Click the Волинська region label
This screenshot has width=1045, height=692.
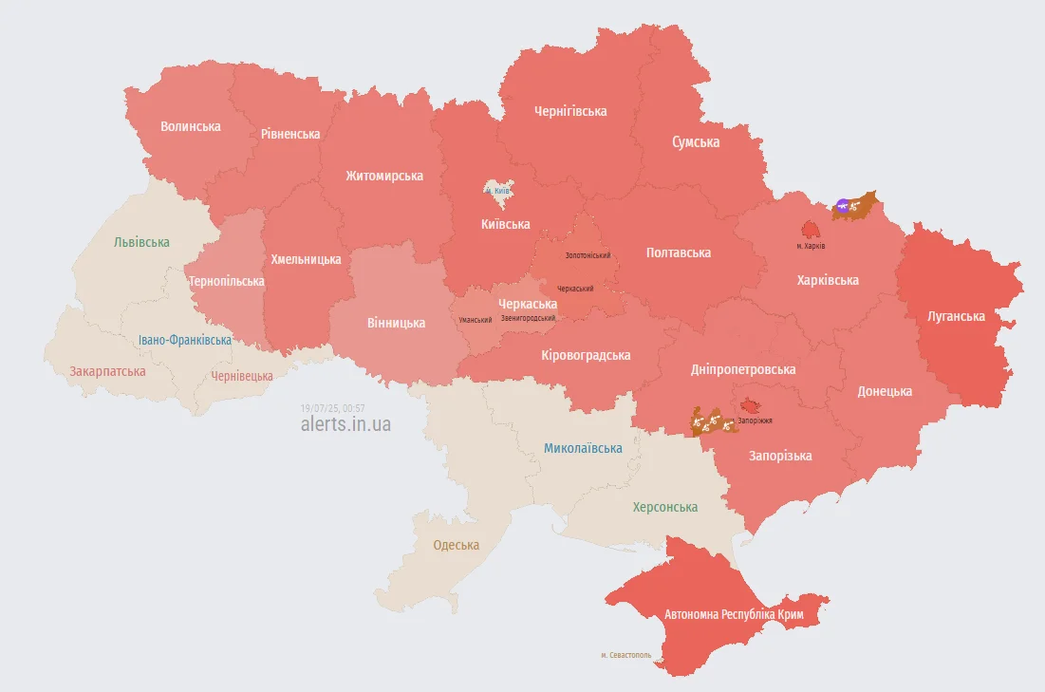pos(190,126)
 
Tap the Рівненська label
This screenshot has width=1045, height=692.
pos(290,134)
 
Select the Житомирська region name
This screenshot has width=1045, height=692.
pos(384,176)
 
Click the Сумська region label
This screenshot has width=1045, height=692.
pos(695,142)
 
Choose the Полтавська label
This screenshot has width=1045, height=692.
pos(678,252)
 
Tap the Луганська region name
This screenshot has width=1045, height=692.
pos(957,316)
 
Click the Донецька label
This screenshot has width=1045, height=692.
pos(885,391)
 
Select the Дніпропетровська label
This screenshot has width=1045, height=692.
pos(743,369)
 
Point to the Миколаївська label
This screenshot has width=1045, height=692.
pos(583,448)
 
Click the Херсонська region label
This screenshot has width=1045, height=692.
pos(664,507)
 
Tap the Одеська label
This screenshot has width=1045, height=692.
pos(456,545)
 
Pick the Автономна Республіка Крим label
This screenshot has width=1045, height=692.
pos(734,615)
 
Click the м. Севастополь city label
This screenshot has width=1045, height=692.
pos(625,655)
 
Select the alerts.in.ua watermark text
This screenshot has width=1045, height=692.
pos(345,424)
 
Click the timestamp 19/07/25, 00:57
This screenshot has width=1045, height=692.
pos(332,408)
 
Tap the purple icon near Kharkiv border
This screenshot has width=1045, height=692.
pos(842,204)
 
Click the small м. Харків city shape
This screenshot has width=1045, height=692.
pos(810,230)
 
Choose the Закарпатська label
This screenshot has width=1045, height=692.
pos(107,371)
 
